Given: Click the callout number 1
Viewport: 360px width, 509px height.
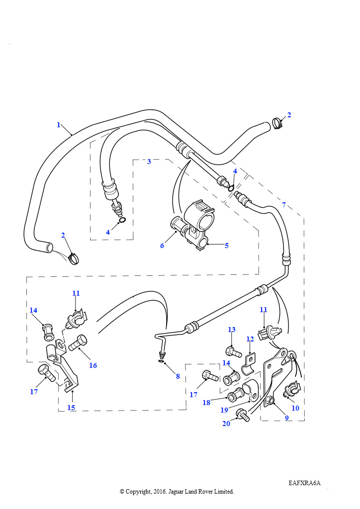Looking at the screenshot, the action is click(x=59, y=125).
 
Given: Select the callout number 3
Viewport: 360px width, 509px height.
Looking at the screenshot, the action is click(x=149, y=162).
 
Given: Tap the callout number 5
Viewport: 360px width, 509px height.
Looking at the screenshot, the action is click(x=227, y=246).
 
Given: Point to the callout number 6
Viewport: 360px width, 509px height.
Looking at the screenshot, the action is click(x=162, y=246).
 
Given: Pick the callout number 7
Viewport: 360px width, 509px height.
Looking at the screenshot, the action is click(x=284, y=205).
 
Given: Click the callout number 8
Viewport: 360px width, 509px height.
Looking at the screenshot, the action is click(x=178, y=377).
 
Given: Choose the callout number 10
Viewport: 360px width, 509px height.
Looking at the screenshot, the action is click(x=295, y=408).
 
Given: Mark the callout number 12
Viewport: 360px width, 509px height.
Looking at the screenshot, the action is click(x=250, y=339).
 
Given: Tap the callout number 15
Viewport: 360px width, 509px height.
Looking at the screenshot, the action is click(x=71, y=408).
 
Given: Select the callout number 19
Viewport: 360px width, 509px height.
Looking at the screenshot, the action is click(x=224, y=410).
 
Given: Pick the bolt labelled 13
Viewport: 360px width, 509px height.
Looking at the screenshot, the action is click(x=233, y=352).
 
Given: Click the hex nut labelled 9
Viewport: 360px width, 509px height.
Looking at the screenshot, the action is click(x=269, y=401).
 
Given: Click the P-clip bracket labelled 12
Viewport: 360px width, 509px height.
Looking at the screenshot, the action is click(x=249, y=364).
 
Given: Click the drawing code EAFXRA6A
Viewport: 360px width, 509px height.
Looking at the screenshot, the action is click(x=304, y=483).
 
